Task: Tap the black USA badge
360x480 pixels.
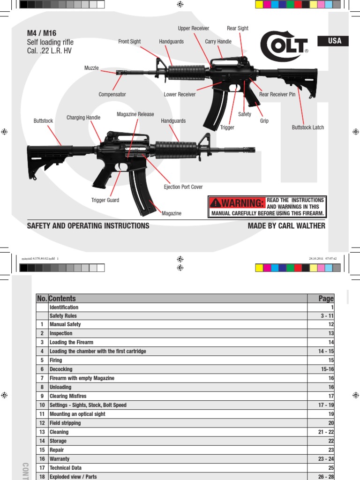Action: coord(335,41)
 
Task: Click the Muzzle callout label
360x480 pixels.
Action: coord(91,68)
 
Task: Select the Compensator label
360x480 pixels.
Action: coord(112,94)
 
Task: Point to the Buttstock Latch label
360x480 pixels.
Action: coord(308,127)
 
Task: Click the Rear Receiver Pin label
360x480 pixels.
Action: coord(277,94)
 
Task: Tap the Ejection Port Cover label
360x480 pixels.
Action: coord(183,187)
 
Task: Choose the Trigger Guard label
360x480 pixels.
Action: coord(105,200)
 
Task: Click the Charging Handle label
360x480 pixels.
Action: coord(83,117)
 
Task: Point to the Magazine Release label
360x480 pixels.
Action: coord(135,114)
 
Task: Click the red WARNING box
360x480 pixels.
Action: coord(237,203)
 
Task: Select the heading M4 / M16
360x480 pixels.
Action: coord(42,33)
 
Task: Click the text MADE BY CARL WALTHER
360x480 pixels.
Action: coord(286,226)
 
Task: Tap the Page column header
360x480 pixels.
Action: coord(326,299)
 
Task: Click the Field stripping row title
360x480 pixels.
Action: coord(65,423)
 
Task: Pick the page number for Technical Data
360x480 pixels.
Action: coord(330,468)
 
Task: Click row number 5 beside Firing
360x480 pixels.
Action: coord(42,360)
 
